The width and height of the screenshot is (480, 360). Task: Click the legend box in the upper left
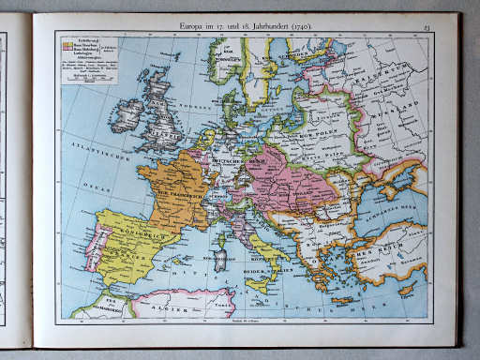90,59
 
